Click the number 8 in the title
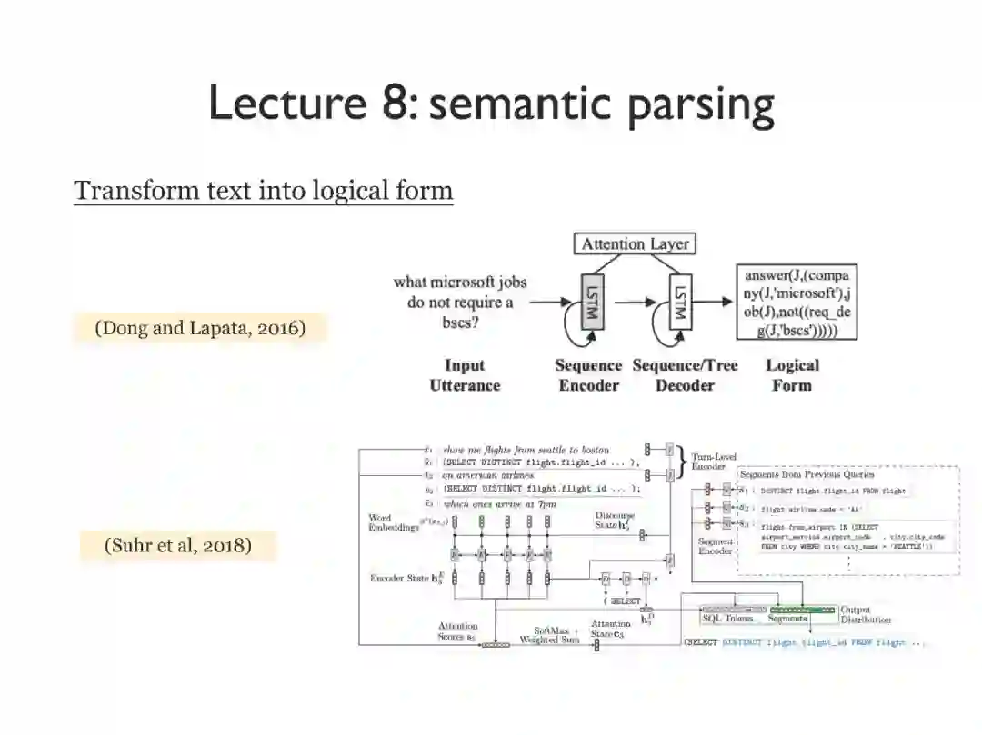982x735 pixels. point(391,102)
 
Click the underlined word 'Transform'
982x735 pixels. point(125,191)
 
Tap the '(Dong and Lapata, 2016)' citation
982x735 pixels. point(199,328)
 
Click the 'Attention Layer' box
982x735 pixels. point(636,243)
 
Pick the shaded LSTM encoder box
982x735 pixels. point(588,302)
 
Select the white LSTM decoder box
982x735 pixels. point(679,302)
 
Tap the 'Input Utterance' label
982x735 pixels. point(464,375)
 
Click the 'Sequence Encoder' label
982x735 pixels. point(588,375)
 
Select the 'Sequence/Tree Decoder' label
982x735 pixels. point(685,375)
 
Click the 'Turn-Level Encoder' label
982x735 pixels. point(715,461)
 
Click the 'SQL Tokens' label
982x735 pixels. point(727,618)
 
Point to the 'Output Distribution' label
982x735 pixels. point(865,615)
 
